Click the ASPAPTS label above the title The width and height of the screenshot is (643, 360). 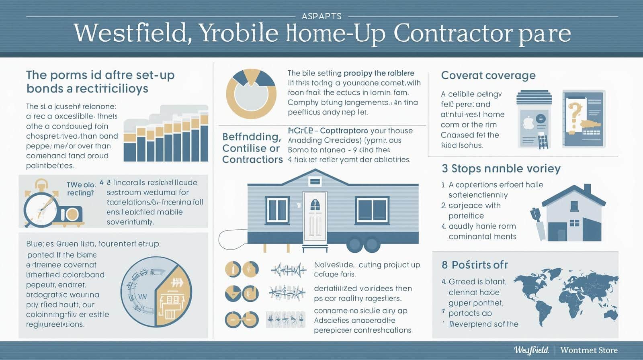(x=321, y=16)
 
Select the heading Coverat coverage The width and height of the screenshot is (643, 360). (x=488, y=76)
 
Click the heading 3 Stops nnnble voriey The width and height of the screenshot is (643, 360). (x=501, y=168)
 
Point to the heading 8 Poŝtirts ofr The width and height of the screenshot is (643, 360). (x=475, y=265)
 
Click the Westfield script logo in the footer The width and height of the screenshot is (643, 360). (x=531, y=350)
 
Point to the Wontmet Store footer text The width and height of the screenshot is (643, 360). (x=589, y=350)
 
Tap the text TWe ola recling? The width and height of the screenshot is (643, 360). (x=81, y=189)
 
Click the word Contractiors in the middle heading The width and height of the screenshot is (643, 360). (x=252, y=160)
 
